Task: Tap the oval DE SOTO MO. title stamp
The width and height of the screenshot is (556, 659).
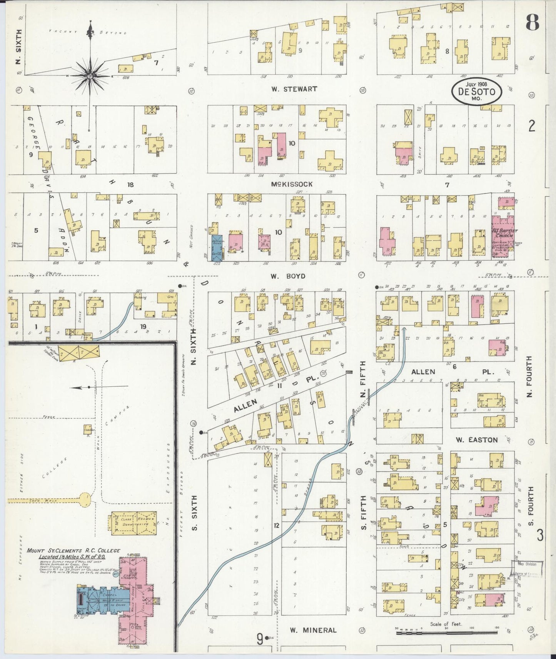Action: [x=477, y=92]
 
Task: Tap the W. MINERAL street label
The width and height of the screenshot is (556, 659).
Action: [x=313, y=630]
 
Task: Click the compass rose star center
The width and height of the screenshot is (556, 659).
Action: [x=90, y=76]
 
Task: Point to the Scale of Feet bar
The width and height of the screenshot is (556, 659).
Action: [x=446, y=632]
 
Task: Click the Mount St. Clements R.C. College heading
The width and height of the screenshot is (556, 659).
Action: [x=73, y=551]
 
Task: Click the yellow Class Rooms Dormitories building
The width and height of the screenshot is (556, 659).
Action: [x=134, y=523]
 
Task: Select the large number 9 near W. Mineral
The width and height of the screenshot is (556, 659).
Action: [x=260, y=639]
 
